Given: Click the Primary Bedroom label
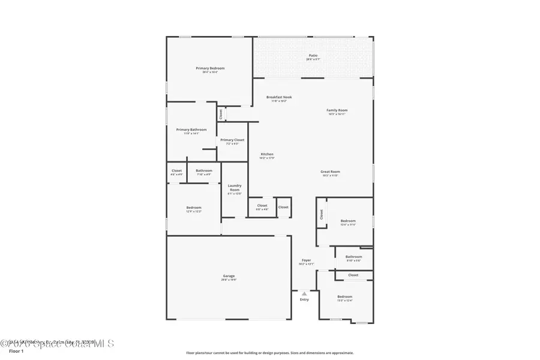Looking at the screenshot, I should click(210, 68).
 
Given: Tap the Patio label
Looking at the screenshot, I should click(313, 56).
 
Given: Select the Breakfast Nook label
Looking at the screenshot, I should click(279, 97).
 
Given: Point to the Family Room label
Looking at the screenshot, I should click(337, 110).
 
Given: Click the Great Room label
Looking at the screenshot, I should click(331, 172).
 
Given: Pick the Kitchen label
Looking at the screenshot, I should click(267, 155).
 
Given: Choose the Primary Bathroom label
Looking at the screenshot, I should click(191, 130).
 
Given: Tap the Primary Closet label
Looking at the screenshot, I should click(232, 140).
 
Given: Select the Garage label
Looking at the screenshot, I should click(229, 277).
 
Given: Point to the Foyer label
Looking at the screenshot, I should click(306, 260).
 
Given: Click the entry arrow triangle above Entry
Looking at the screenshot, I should click(304, 293).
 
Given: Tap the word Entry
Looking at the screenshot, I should click(304, 299).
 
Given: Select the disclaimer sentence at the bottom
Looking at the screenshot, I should click(270, 353).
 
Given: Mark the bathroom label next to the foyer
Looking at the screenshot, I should click(353, 257).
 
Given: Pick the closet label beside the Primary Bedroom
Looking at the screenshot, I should click(221, 113).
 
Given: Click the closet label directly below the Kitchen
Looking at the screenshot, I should click(262, 206).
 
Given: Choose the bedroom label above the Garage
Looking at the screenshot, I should click(194, 208).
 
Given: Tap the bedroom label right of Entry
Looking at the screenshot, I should click(344, 297).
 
